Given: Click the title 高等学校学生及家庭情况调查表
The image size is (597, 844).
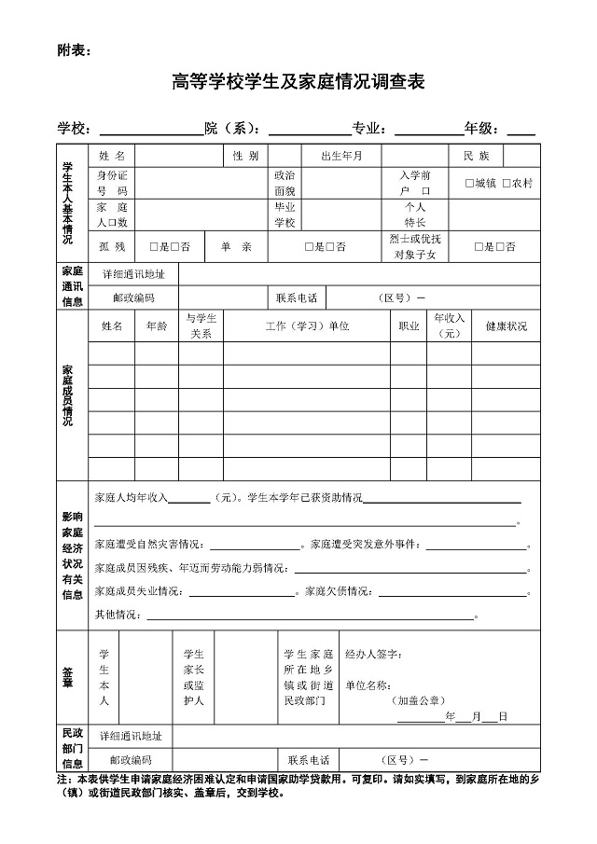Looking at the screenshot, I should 298,83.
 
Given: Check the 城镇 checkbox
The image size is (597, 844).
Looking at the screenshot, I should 470,184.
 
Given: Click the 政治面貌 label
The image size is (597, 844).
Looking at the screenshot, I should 285,183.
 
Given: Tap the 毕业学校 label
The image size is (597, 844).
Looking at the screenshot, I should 285,214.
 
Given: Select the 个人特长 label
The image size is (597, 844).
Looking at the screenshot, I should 415,214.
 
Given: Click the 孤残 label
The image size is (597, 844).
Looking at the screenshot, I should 112,246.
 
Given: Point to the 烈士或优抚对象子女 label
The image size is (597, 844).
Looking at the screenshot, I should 415,246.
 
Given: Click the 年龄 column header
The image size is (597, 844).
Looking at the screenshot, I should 157,326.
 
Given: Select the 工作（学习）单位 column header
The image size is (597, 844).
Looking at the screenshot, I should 307,326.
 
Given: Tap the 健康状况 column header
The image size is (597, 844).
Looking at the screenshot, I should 507,326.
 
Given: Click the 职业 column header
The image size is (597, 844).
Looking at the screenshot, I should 409,326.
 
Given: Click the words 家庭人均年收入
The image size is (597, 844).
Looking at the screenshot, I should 132,498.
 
